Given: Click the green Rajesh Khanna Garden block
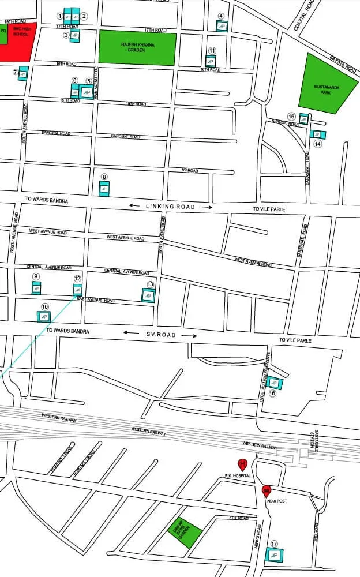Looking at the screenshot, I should pos(137,47).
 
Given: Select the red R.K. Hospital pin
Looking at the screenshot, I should pos(243,463).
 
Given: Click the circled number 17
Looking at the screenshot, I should pos(274,544).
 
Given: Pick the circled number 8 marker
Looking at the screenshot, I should pos(104,177).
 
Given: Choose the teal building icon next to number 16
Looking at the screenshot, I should pos(274,382).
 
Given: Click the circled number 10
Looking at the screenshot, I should pos(44,306).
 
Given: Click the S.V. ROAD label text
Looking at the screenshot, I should pos(162,334).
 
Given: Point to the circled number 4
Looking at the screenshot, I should pos(221,16).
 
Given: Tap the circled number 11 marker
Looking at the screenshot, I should pos(212,51).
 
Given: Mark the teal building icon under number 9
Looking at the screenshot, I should pos(36,288).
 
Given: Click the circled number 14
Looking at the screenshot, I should pos(317,144).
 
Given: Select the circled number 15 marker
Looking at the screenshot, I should pos(291,117).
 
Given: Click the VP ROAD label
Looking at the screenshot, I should pos(190,171).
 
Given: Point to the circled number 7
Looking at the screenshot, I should pos(16,72).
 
